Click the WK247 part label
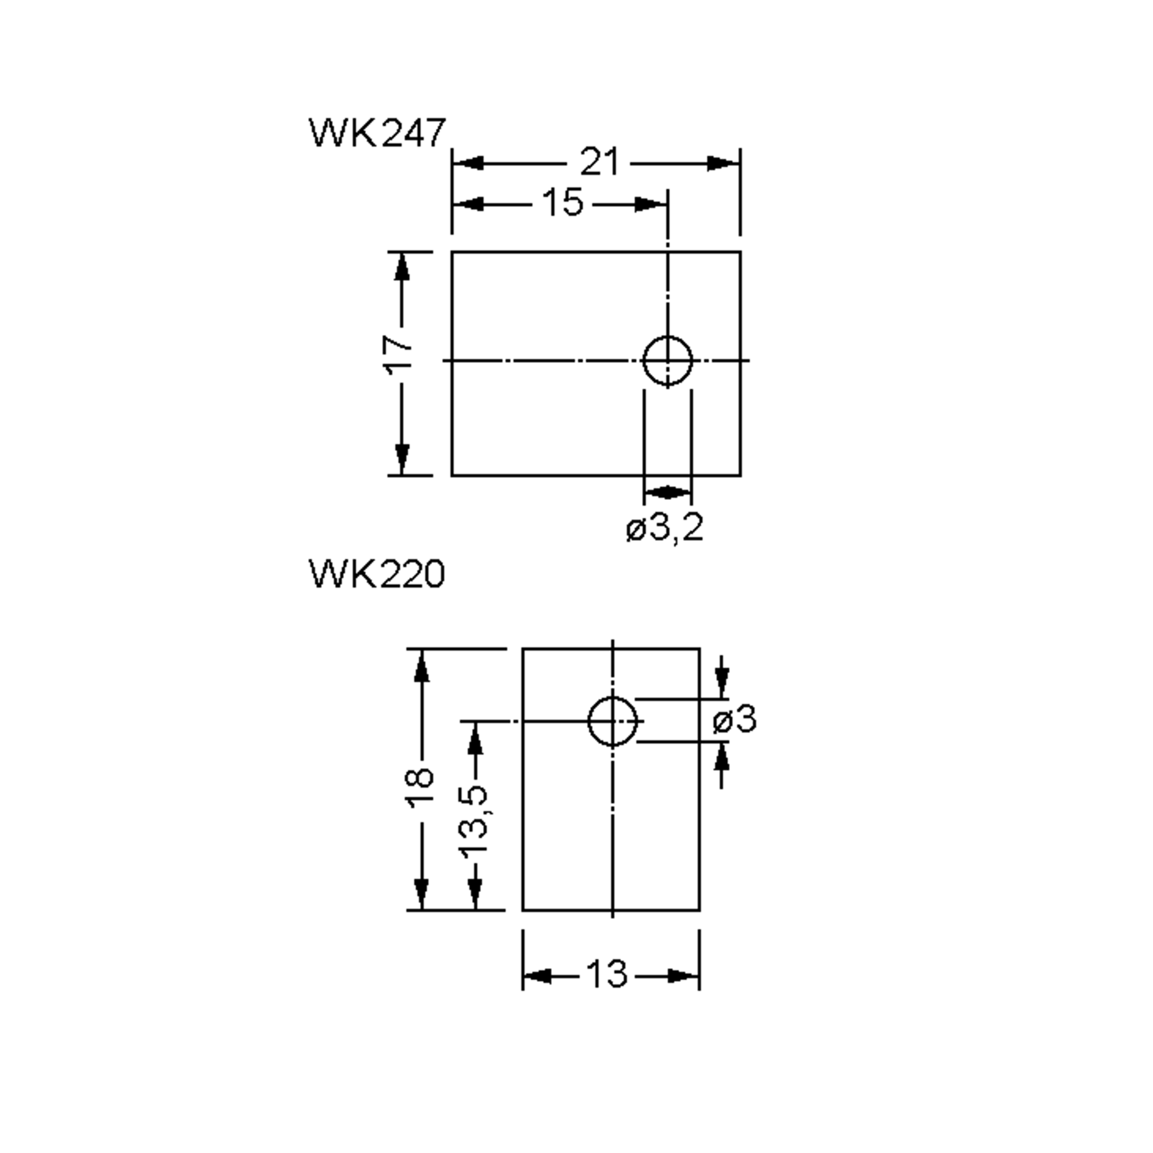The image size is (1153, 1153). coord(377,133)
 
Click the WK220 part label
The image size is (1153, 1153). coord(377,575)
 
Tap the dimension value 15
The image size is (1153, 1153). coord(563,203)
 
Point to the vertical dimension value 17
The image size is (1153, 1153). coord(399,355)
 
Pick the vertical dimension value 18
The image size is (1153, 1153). coord(419,788)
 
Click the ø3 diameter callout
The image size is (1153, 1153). coord(735,719)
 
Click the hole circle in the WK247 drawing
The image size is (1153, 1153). coord(667,360)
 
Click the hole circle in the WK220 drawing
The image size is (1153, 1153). coord(613,721)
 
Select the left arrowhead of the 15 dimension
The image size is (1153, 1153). coord(468,204)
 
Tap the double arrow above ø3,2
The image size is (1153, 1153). coord(667,492)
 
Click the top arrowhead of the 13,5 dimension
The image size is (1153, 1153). coord(475,740)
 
